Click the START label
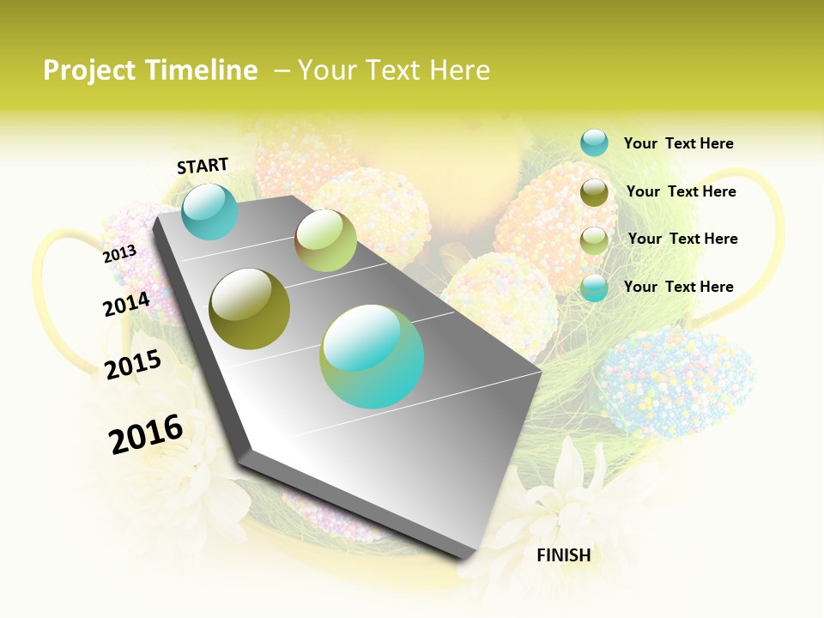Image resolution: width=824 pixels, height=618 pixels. tap(203, 166)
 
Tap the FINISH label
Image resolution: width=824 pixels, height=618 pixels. tap(563, 555)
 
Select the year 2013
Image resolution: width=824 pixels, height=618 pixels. tap(119, 254)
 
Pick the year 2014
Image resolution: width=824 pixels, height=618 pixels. tap(126, 305)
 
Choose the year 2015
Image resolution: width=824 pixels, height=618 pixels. tap(133, 365)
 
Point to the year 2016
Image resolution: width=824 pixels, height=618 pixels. tap(146, 433)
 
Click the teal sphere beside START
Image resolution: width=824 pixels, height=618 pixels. tap(210, 211)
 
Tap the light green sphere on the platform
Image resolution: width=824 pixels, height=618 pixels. tap(325, 240)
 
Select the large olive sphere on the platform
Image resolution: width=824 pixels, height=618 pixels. tap(250, 309)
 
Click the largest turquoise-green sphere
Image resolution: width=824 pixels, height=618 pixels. tap(372, 356)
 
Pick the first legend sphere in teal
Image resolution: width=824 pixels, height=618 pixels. tap(594, 142)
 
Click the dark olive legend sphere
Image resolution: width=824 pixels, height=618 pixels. tap(594, 192)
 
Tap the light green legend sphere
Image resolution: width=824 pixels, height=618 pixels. tap(594, 239)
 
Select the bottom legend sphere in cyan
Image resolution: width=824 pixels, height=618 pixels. tap(594, 288)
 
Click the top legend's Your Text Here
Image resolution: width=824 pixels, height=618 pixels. tap(678, 143)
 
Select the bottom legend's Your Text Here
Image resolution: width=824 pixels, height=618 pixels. tap(678, 287)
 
